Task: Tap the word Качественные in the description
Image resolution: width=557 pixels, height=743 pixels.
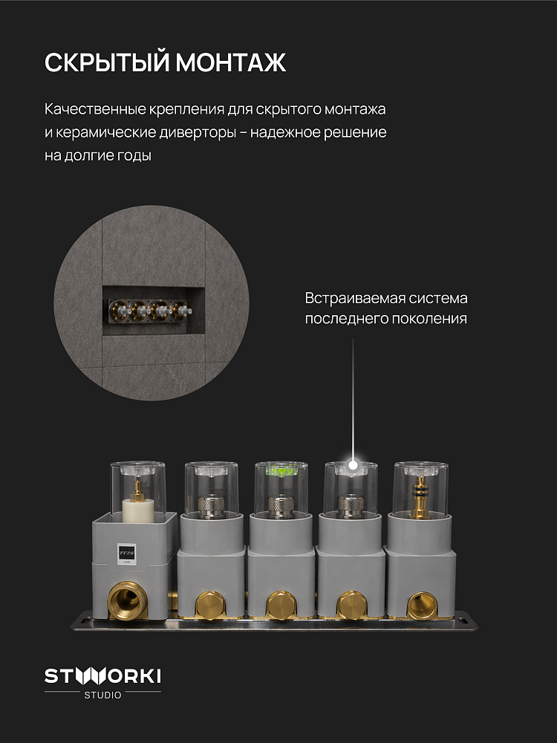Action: click(x=95, y=109)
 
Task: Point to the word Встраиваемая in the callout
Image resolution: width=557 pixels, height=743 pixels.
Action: click(x=355, y=298)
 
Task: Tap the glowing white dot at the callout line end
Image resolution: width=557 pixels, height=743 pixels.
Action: click(x=353, y=465)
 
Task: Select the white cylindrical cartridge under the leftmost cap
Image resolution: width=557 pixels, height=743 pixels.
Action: click(x=139, y=509)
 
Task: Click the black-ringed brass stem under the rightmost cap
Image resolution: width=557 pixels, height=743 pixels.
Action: click(x=420, y=498)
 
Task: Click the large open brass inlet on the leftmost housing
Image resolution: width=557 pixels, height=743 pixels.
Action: click(x=127, y=600)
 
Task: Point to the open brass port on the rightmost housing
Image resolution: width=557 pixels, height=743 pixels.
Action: click(x=422, y=605)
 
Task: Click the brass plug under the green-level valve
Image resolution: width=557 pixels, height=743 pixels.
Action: click(x=281, y=605)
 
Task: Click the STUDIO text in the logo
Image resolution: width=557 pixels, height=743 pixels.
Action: click(x=102, y=695)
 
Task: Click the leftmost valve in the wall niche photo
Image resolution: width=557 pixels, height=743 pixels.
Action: click(x=118, y=311)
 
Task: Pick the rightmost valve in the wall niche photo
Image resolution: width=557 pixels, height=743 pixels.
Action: click(x=181, y=311)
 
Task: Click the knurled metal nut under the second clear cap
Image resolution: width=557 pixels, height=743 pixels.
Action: click(x=212, y=506)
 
